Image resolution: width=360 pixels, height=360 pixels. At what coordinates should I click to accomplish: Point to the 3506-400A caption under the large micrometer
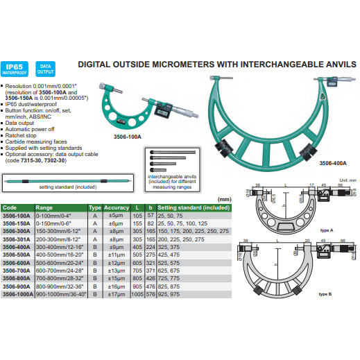pyautogui.click(x=333, y=163)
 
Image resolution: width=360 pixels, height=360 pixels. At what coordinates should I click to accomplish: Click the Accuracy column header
pyautogui.click(x=117, y=207)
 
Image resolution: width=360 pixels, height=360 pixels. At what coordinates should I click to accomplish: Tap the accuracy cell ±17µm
pyautogui.click(x=116, y=294)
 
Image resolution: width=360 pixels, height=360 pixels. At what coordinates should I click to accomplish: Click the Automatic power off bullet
pyautogui.click(x=34, y=129)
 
